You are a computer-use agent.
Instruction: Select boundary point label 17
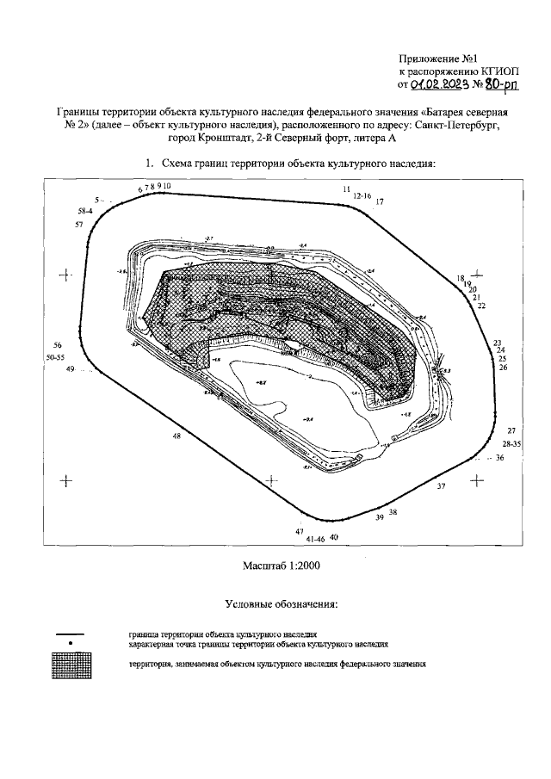pos(380,201)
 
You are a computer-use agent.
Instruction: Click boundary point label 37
pos(442,487)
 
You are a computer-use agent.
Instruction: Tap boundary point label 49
pos(71,368)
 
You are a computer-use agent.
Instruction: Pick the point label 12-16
pos(362,196)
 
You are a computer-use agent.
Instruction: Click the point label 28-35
pos(511,444)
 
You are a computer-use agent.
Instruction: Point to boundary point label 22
pos(481,306)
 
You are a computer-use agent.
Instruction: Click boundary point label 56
pos(57,343)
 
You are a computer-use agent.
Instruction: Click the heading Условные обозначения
pos(281,604)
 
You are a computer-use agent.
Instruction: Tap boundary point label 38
pos(393,512)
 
